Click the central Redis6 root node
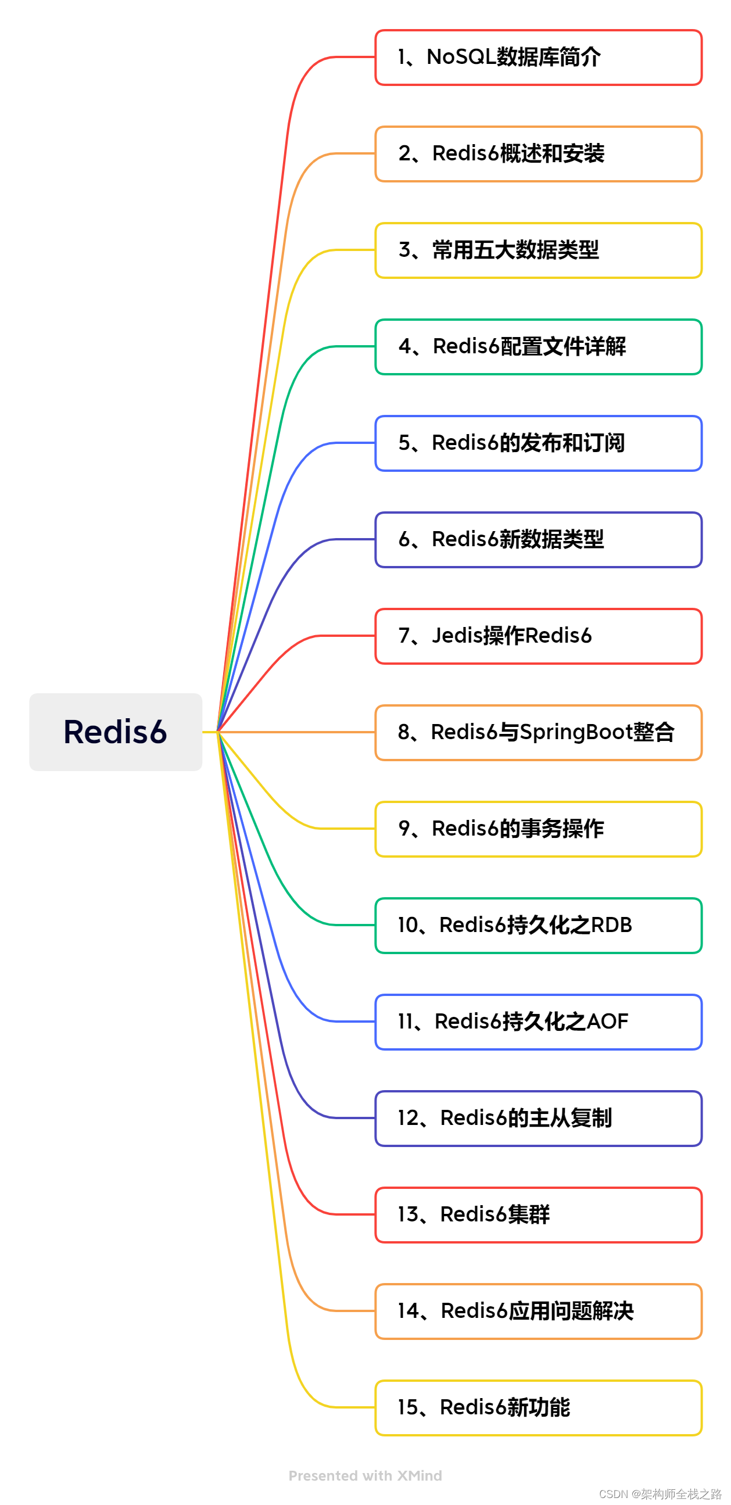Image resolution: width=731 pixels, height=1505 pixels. pyautogui.click(x=116, y=732)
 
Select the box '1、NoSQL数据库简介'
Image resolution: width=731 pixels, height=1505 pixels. pyautogui.click(x=537, y=58)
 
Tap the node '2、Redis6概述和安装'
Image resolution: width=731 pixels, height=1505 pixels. pyautogui.click(x=537, y=153)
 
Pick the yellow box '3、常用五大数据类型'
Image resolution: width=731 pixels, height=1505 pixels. pyautogui.click(x=537, y=250)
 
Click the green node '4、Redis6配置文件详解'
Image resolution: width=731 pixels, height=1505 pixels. pyautogui.click(x=537, y=346)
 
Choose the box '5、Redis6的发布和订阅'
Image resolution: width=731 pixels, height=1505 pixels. pyautogui.click(x=537, y=443)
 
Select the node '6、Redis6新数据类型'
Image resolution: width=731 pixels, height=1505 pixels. pyautogui.click(x=537, y=539)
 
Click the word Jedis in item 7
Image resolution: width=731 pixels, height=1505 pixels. pyautogui.click(x=457, y=636)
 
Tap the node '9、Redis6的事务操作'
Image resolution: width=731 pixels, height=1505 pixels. pyautogui.click(x=537, y=829)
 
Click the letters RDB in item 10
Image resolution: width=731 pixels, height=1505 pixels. pyautogui.click(x=611, y=925)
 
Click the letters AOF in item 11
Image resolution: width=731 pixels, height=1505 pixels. pyautogui.click(x=607, y=1022)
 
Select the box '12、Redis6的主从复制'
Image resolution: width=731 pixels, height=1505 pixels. pyautogui.click(x=537, y=1117)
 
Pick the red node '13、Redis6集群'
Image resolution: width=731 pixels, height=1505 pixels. pyautogui.click(x=537, y=1214)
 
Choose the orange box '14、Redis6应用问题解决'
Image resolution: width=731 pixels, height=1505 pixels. pyautogui.click(x=537, y=1310)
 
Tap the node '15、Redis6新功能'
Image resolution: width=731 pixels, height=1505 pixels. pyautogui.click(x=537, y=1407)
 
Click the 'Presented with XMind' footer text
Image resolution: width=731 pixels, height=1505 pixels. pyautogui.click(x=365, y=1476)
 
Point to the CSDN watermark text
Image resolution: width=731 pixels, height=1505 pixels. pyautogui.click(x=660, y=1494)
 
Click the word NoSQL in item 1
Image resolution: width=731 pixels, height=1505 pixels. pyautogui.click(x=461, y=58)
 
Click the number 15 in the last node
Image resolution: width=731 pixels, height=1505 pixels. pyautogui.click(x=408, y=1407)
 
